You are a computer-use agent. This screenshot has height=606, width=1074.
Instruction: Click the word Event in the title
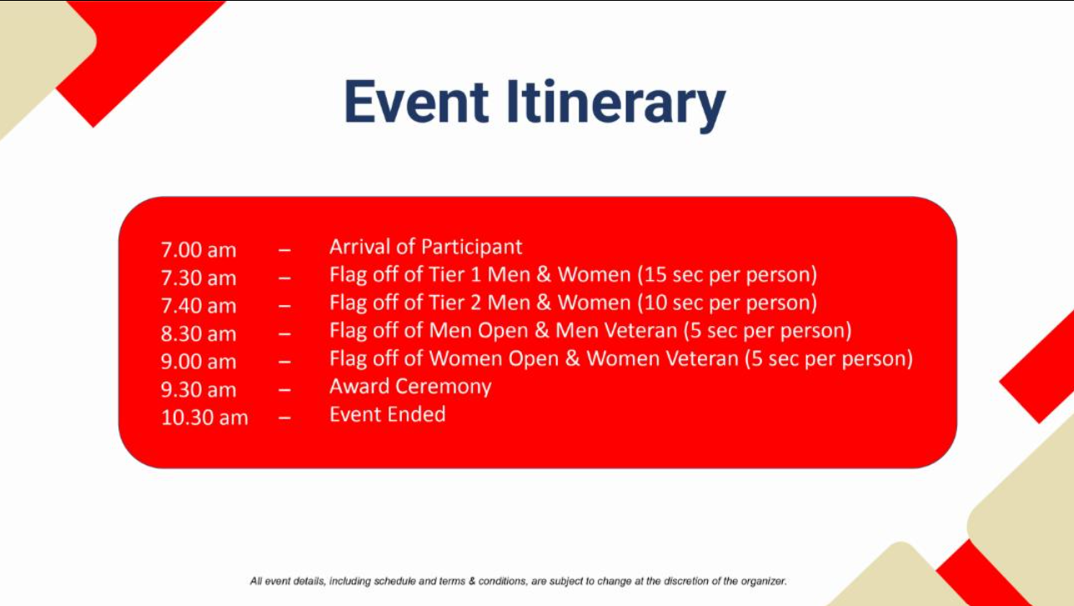tap(416, 103)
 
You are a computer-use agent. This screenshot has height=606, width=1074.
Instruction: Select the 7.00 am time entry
tap(198, 250)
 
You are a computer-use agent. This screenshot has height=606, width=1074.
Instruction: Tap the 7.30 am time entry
tap(198, 278)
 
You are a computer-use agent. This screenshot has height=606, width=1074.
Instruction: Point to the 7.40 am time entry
tap(198, 306)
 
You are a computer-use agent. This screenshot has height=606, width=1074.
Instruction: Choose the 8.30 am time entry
tap(198, 333)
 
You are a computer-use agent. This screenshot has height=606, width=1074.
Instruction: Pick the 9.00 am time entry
tap(198, 362)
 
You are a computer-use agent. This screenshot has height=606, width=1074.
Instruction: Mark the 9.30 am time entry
tap(198, 390)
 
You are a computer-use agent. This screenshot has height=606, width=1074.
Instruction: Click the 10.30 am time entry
tap(205, 418)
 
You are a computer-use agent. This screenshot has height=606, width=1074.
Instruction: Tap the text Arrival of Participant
tap(426, 248)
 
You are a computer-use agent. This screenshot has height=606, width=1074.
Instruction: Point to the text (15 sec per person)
tap(727, 276)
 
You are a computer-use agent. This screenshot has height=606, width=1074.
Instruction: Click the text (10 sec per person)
tap(727, 303)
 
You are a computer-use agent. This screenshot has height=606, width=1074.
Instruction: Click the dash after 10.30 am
tap(284, 418)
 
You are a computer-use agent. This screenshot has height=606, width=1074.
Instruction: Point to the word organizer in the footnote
tap(763, 582)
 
